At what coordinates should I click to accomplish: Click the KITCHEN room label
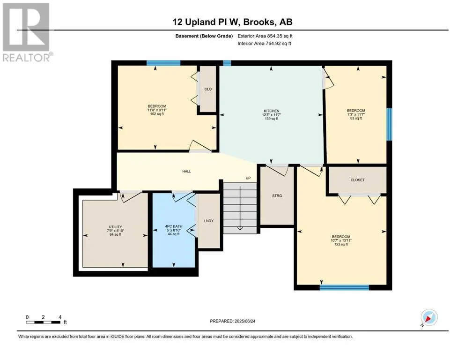pyautogui.click(x=271, y=111)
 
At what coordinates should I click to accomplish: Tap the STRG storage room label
pyautogui.click(x=277, y=196)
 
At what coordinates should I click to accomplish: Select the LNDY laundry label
pyautogui.click(x=209, y=221)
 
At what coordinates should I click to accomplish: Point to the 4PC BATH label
pyautogui.click(x=174, y=226)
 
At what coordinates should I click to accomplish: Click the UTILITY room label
pyautogui.click(x=115, y=227)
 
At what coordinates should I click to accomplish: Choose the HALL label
pyautogui.click(x=186, y=171)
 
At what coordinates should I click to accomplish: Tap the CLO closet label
pyautogui.click(x=208, y=89)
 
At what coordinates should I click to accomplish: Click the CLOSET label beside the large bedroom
pyautogui.click(x=358, y=180)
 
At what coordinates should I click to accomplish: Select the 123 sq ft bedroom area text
pyautogui.click(x=341, y=244)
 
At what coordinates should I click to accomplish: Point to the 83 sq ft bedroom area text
pyautogui.click(x=356, y=118)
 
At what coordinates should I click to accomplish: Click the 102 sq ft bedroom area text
pyautogui.click(x=157, y=113)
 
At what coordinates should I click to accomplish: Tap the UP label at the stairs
pyautogui.click(x=248, y=178)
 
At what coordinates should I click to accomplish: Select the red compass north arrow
pyautogui.click(x=428, y=318)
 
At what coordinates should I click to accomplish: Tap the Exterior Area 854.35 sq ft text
pyautogui.click(x=265, y=36)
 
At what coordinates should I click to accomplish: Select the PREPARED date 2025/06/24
pyautogui.click(x=232, y=321)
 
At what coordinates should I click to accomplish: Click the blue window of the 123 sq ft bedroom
pyautogui.click(x=344, y=287)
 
